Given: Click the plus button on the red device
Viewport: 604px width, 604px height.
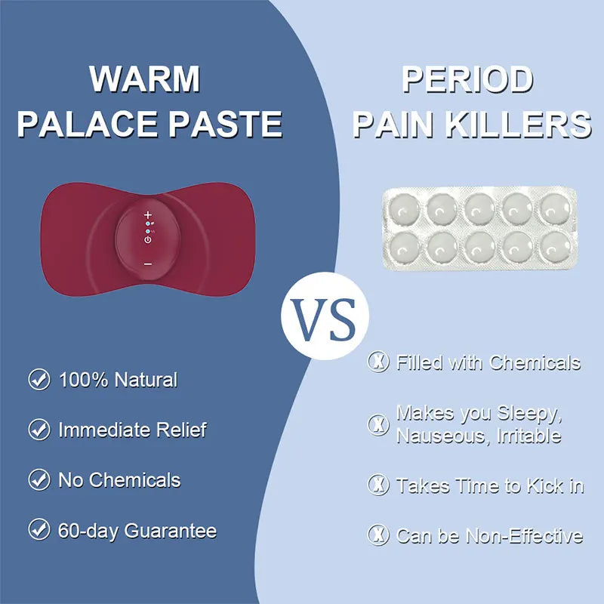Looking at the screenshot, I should (x=148, y=215).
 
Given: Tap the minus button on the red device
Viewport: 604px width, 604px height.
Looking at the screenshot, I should (x=148, y=263).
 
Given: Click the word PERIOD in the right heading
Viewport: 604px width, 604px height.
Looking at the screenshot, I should (x=467, y=79).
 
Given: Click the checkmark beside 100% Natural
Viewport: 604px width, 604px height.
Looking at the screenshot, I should (x=39, y=379).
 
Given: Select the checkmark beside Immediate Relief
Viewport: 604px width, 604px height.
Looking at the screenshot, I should (x=39, y=430).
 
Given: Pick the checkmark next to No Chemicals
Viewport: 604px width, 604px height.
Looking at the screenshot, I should (x=39, y=479).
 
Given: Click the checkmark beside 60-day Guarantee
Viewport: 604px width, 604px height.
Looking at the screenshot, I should (x=39, y=530).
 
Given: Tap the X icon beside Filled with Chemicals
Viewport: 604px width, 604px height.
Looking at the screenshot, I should (x=377, y=362).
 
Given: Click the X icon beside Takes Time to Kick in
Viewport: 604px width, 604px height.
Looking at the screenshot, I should (x=377, y=485).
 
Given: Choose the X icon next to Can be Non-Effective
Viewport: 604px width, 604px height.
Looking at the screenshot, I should (x=377, y=535).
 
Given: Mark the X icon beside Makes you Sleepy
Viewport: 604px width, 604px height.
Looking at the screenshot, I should (x=377, y=424).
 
